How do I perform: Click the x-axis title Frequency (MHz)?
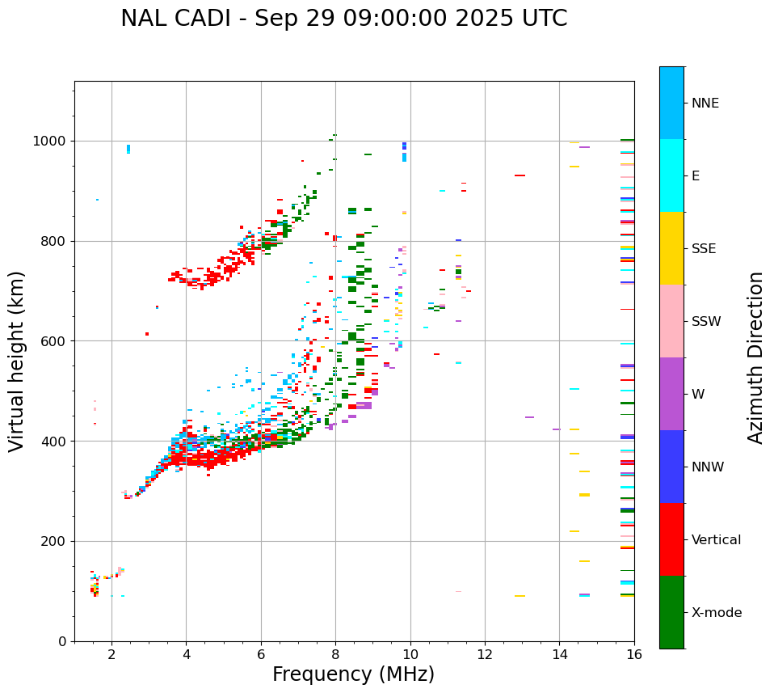pos(353,674)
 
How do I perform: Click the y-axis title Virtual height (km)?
pos(17,361)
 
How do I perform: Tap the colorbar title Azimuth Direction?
pos(755,357)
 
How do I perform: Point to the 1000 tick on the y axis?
pos(52,142)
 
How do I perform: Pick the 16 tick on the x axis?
pos(633,654)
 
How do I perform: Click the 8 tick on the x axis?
pos(335,654)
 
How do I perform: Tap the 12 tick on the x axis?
pos(485,654)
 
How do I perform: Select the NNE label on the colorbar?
pos(705,104)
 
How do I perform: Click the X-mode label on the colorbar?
pos(717,613)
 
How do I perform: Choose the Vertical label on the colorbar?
pos(716,540)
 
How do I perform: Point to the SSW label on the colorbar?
pos(706,322)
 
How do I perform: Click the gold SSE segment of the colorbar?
pos(671,248)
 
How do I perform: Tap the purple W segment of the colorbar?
pos(671,394)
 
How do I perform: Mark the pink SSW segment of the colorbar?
pos(671,321)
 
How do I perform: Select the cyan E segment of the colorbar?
pos(671,175)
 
